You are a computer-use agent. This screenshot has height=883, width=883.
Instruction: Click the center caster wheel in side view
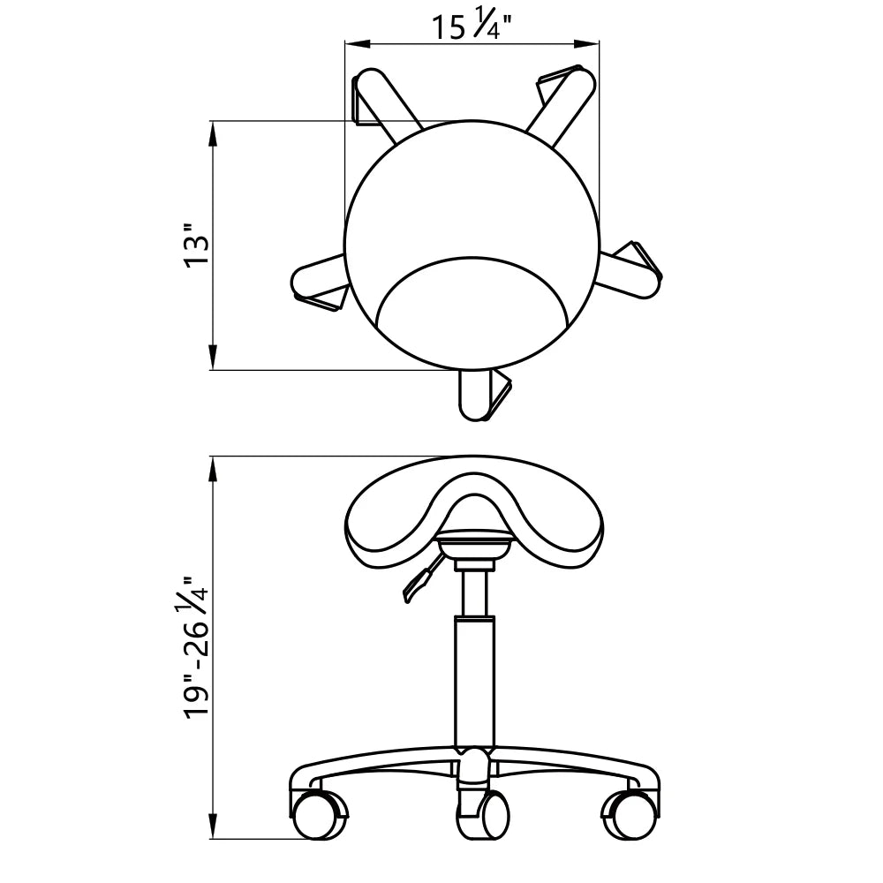[x=483, y=814]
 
